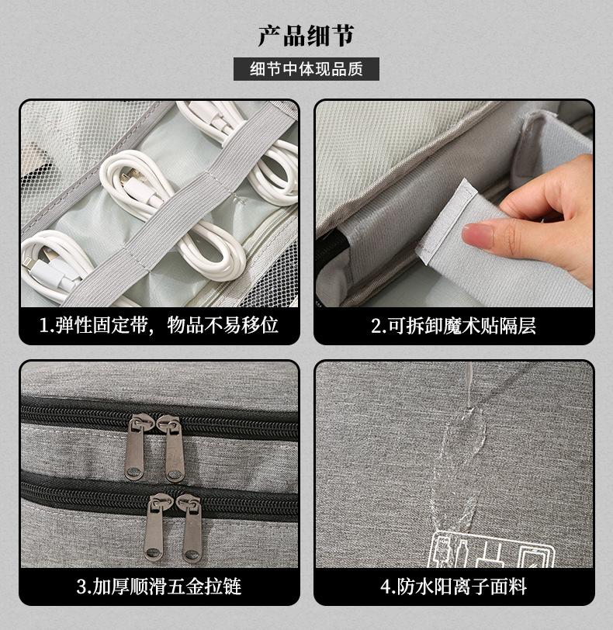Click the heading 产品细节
tap(306, 36)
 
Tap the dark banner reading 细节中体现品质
tap(306, 69)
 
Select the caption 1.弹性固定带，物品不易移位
tap(159, 325)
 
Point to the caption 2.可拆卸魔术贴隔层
tap(453, 325)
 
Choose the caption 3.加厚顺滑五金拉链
tap(159, 587)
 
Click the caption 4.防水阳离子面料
tap(453, 587)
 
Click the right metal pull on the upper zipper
tap(172, 448)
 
